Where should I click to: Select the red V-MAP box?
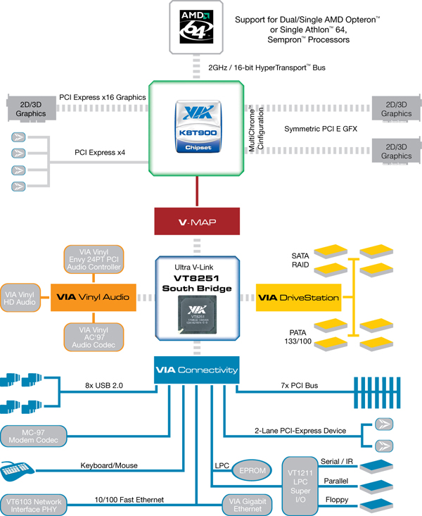click(197, 222)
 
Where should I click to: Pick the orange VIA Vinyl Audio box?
click(92, 297)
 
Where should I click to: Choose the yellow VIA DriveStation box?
click(298, 297)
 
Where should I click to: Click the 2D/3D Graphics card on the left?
click(28, 107)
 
